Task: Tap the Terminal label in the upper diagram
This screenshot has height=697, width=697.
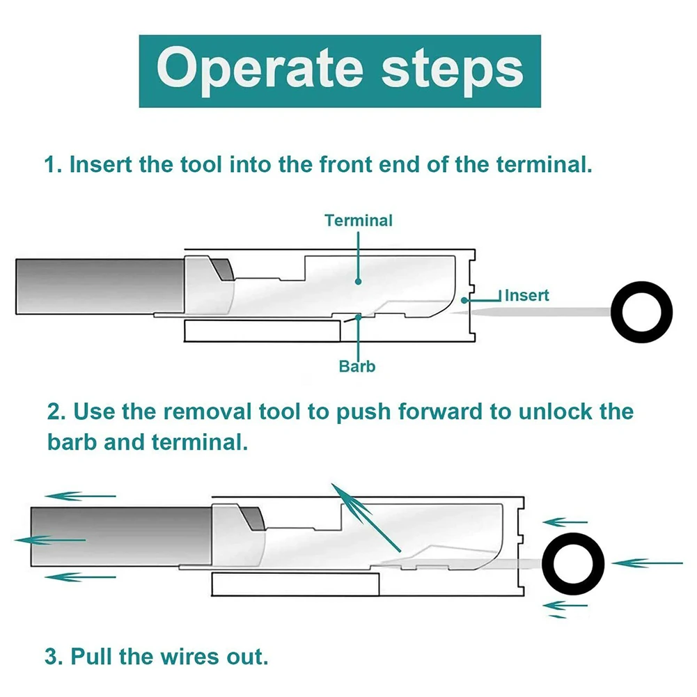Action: [359, 221]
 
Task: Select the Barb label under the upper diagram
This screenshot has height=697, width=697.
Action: [357, 366]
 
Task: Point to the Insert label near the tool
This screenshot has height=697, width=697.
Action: [526, 295]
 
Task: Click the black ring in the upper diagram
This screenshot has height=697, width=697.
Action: [641, 311]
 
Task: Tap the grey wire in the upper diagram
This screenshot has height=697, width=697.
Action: [97, 286]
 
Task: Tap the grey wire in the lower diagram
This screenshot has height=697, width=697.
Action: [118, 540]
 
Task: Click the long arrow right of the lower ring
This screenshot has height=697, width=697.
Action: [648, 562]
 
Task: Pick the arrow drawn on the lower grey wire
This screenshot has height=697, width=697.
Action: [49, 540]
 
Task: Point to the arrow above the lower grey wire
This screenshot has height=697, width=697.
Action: [80, 496]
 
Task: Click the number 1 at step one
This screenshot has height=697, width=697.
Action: [50, 166]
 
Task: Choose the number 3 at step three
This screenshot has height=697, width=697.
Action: [52, 657]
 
